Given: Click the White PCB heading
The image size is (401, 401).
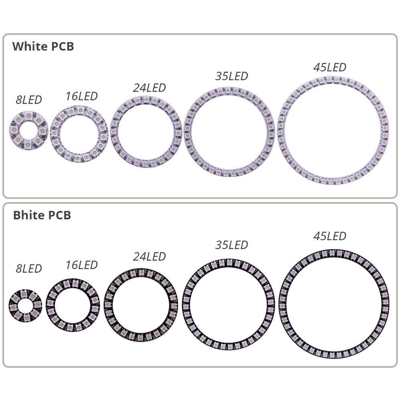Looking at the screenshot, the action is tap(43, 47).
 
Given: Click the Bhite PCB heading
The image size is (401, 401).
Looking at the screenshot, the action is tap(42, 215).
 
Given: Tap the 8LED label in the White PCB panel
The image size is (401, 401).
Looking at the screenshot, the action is tap(28, 100).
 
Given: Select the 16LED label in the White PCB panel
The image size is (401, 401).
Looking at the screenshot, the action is tap(81, 96).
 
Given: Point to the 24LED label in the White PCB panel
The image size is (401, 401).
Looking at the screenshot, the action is tap(149, 88).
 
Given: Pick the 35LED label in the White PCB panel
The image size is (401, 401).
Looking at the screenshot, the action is tap(231, 76).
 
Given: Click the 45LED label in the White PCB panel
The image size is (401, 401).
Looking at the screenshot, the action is tap(330, 67).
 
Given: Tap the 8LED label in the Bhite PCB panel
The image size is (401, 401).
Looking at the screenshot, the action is tap(28, 269).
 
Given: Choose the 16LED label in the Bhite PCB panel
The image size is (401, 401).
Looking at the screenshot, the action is tap(81, 265).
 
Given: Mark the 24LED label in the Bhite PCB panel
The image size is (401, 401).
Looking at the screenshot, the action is tap(149, 257).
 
